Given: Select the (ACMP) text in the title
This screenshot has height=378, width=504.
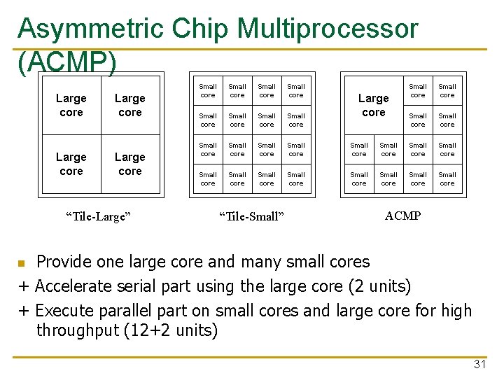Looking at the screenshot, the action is (66, 62).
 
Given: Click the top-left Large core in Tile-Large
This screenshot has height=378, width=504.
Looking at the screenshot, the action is (71, 105).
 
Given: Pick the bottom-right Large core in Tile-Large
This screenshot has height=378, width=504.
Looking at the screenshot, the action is (130, 164).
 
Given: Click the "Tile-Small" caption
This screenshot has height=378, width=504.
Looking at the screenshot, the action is (251, 216).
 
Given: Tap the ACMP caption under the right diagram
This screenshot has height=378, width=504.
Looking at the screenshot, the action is (402, 216).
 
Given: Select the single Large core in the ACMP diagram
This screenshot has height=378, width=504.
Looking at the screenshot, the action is (374, 105).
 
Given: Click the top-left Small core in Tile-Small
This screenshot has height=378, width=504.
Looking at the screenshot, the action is (208, 90).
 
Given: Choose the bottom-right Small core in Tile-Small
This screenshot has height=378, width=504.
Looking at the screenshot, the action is (296, 178).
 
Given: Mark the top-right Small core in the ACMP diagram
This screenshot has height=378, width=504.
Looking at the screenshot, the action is (447, 90).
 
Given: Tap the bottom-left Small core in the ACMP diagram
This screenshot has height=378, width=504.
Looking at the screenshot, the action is (359, 178).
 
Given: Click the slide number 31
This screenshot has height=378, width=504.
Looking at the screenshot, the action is (479, 364).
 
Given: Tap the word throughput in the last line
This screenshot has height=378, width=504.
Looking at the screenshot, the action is (76, 330).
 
